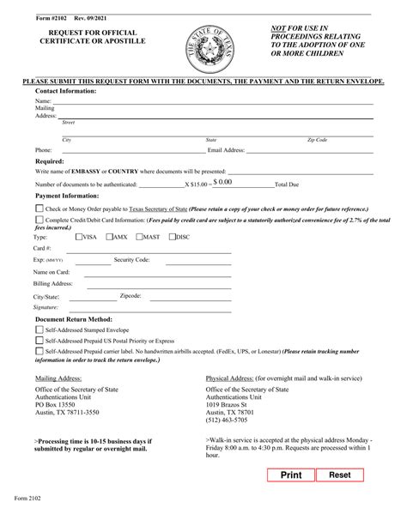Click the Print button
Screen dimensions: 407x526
[291, 475]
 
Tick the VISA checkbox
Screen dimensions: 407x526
[79, 236]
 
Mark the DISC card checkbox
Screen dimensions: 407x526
[172, 236]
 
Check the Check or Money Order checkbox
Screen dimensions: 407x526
[39, 209]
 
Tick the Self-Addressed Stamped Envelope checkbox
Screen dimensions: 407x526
[39, 329]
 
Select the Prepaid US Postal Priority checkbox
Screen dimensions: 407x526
[39, 340]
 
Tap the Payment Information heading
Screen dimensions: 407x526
[68, 196]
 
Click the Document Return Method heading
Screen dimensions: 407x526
[75, 317]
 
